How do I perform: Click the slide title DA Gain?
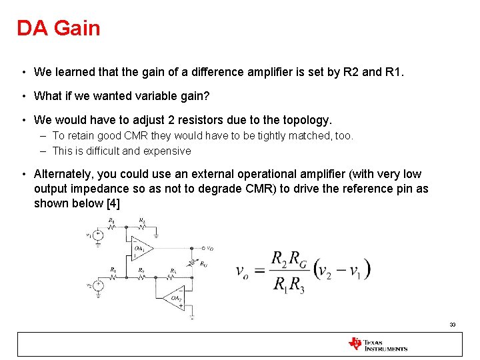pos(59,28)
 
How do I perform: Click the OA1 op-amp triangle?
pos(141,249)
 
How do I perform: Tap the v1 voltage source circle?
pos(98,235)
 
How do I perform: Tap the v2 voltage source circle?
pos(98,286)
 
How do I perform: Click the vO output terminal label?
pos(209,248)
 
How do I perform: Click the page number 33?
pos(453,325)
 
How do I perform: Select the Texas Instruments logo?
pos(377,344)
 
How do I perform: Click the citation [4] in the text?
pos(113,203)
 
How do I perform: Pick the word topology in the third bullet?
pos(303,120)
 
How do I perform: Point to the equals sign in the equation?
pos(261,271)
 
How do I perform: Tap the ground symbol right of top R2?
pos(157,235)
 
